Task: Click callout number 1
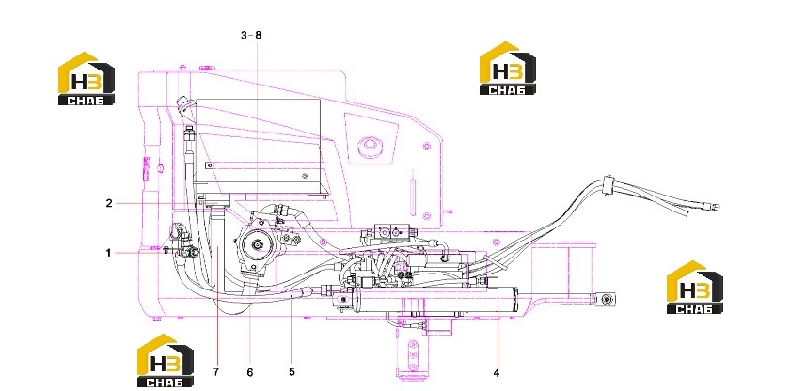click(x=108, y=253)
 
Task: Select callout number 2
click(x=109, y=203)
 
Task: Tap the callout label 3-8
click(x=251, y=35)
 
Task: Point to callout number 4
click(x=496, y=373)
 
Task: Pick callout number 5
click(x=292, y=371)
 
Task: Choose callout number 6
click(x=250, y=372)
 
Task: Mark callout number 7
click(x=216, y=371)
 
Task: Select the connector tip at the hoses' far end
click(x=714, y=207)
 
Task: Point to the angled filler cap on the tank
click(x=182, y=107)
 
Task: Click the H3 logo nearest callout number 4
click(x=694, y=288)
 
